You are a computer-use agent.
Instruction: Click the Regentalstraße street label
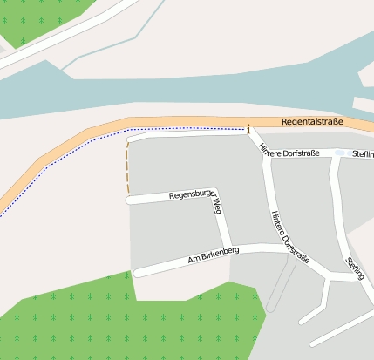click(x=313, y=122)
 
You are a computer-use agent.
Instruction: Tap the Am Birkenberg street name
click(x=214, y=255)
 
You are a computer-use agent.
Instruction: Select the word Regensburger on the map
click(x=191, y=194)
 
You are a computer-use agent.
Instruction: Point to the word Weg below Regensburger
click(x=217, y=206)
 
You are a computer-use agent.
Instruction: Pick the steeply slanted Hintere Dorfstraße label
click(x=279, y=235)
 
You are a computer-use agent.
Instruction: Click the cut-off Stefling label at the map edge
click(x=363, y=154)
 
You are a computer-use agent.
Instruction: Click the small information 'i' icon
click(x=248, y=129)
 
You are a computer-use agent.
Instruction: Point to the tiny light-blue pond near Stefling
click(x=340, y=153)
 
